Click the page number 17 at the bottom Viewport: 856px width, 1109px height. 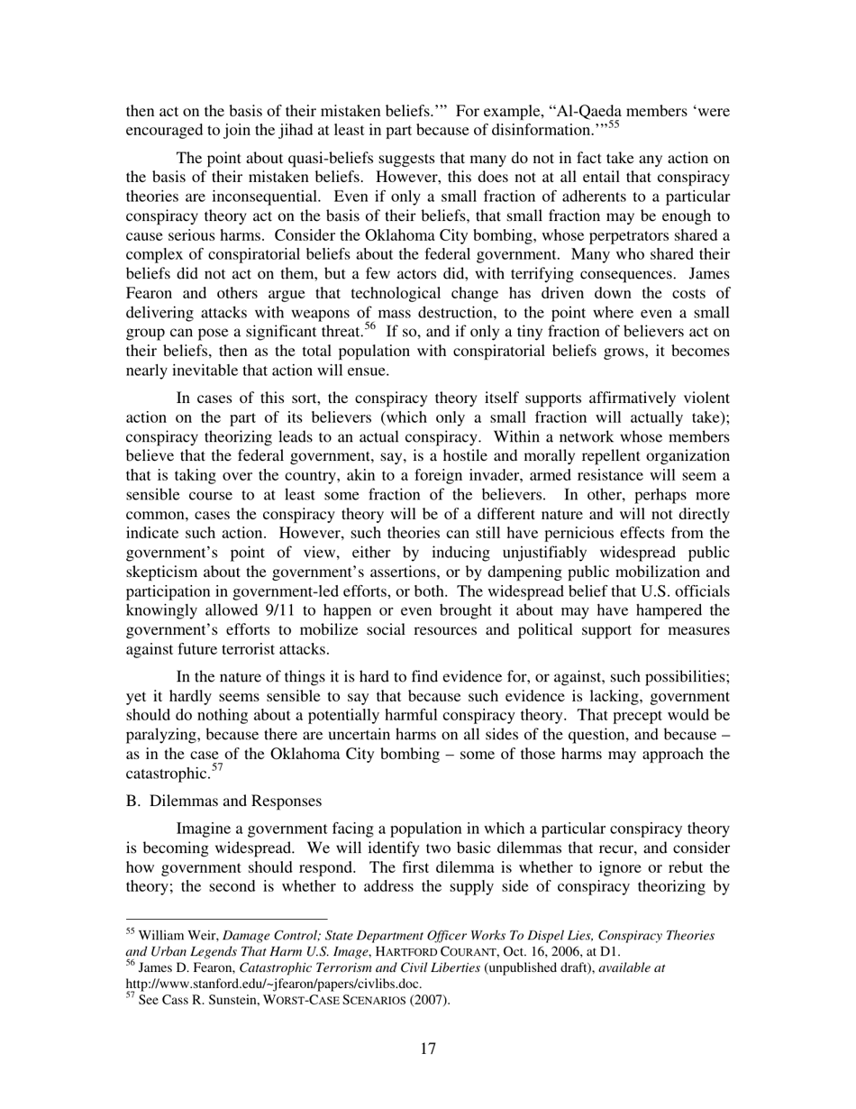click(x=428, y=1049)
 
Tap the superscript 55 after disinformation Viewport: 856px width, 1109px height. click(x=613, y=124)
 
